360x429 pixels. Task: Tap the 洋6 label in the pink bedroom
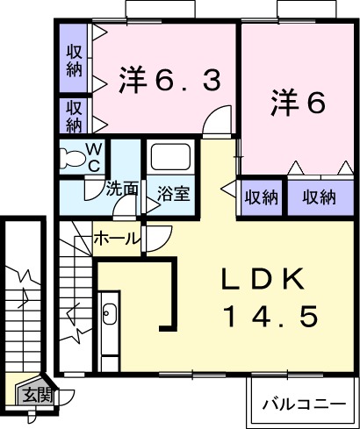(x=299, y=103)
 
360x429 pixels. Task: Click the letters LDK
(x=262, y=282)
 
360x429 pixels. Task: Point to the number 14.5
(x=268, y=317)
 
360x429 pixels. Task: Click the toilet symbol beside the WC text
(x=73, y=159)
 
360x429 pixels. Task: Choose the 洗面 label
(x=122, y=189)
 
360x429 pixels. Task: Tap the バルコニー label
(x=304, y=404)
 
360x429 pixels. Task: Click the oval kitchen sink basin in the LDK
(x=110, y=313)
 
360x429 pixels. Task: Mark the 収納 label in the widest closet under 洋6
(x=320, y=197)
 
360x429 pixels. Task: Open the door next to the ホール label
(x=159, y=239)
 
